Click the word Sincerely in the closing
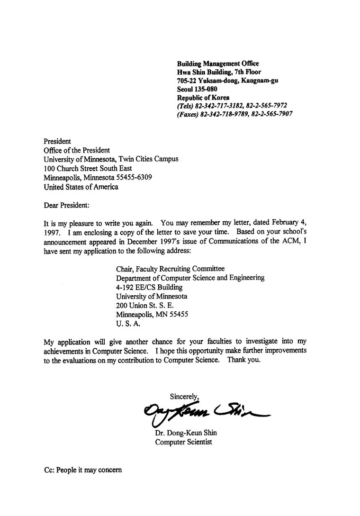(184, 396)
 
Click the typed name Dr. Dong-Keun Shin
(186, 433)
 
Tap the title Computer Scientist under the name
(184, 442)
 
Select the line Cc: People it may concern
(83, 470)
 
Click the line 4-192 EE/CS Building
(149, 287)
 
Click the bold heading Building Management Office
(218, 63)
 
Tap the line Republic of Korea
(203, 98)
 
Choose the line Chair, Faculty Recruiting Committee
(171, 269)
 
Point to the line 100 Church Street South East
(88, 168)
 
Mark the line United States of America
(81, 187)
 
